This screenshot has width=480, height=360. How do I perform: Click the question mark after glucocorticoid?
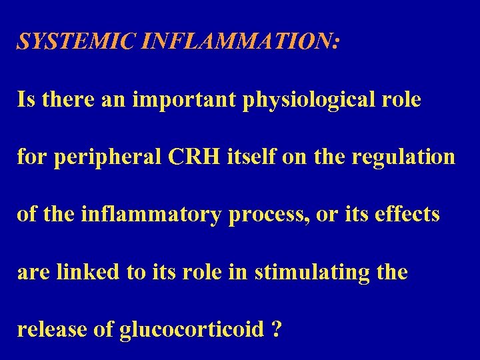click(x=276, y=329)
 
